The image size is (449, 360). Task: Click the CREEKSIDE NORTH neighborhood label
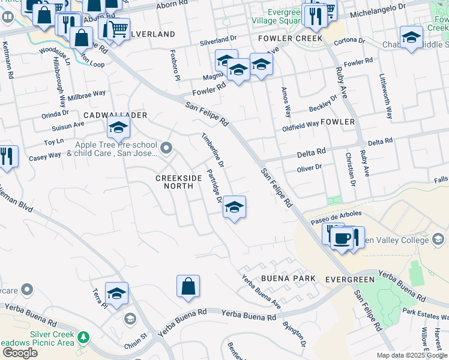174,182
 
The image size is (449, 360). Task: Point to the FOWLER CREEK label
290,38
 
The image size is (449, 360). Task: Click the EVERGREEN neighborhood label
350,280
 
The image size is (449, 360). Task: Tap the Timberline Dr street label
213,150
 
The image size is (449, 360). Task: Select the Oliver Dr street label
310,168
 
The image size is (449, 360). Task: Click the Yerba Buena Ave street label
261,287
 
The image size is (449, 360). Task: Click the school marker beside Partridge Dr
234,208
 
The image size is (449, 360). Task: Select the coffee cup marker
342,238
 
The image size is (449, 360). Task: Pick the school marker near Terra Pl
117,293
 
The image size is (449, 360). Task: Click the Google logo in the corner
20,353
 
